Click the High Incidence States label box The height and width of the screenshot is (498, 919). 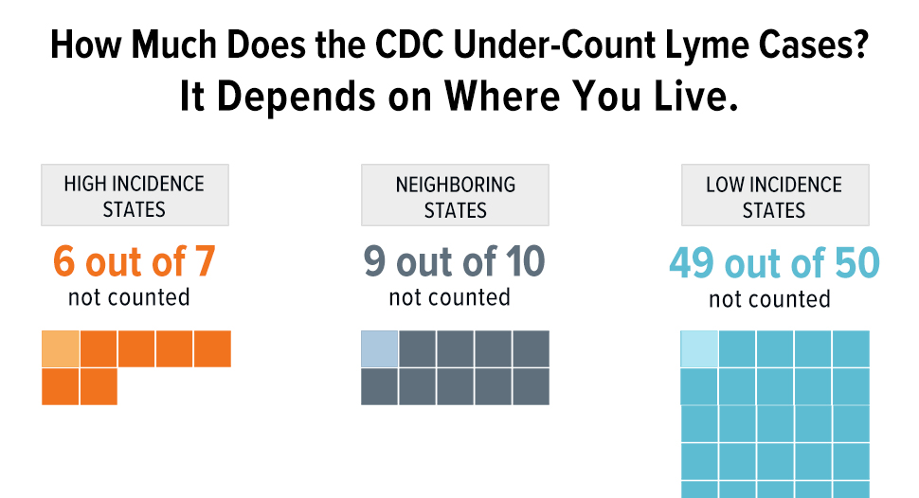(x=135, y=196)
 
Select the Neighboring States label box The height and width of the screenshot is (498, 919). (x=455, y=196)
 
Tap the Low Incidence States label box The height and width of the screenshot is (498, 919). (x=774, y=196)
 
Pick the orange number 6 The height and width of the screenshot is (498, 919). (x=64, y=262)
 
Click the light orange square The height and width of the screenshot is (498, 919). (x=60, y=348)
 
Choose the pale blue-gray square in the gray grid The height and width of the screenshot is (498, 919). (x=379, y=348)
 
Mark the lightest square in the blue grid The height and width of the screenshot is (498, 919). (x=699, y=348)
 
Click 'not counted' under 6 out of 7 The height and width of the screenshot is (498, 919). (x=129, y=297)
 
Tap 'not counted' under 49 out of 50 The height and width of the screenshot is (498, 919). (x=769, y=300)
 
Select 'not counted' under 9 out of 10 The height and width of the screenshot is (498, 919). (x=449, y=297)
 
